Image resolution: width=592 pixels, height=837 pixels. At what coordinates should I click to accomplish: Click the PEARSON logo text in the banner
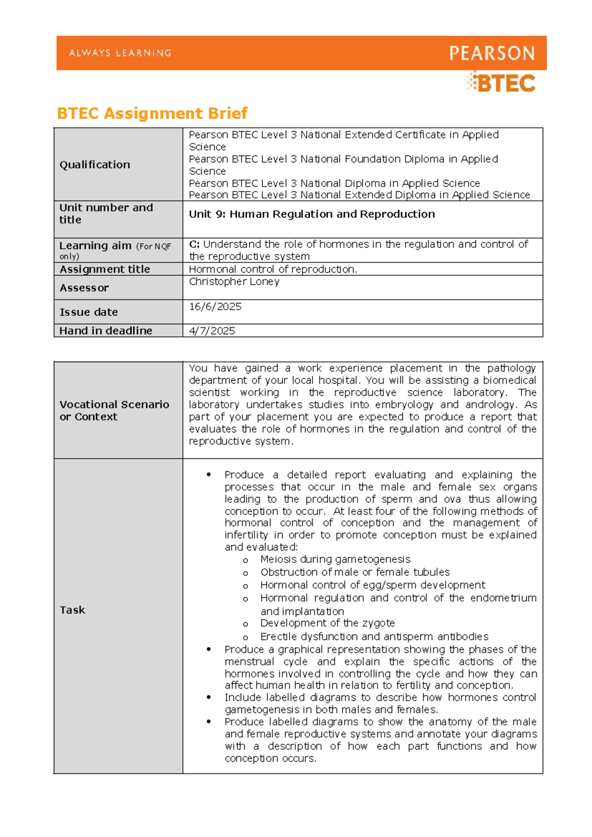[491, 53]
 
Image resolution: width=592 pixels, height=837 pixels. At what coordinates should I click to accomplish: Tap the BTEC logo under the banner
[500, 83]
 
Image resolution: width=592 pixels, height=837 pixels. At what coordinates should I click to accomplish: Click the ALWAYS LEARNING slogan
[120, 53]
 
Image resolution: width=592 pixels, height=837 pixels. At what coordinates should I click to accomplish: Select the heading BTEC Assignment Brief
[152, 114]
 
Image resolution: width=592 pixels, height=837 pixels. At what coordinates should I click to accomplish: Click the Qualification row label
[95, 165]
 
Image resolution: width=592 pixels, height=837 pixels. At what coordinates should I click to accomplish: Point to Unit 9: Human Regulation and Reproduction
[312, 214]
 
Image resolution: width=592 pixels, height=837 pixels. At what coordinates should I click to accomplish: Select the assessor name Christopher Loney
[234, 281]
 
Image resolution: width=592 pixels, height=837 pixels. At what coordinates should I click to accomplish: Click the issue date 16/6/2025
[215, 306]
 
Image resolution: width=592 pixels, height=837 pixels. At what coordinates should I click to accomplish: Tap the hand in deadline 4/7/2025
[212, 331]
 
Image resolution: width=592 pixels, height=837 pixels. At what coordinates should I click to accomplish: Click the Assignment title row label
[105, 269]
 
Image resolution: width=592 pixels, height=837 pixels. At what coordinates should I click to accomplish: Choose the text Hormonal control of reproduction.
[273, 269]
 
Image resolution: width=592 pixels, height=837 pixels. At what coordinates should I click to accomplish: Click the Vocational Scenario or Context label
[114, 411]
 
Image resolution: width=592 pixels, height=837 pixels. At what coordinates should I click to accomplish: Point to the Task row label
[72, 610]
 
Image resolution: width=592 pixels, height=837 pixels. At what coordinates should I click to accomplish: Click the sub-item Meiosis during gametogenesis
[335, 559]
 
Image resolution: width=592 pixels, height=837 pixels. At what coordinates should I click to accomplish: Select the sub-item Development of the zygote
[327, 623]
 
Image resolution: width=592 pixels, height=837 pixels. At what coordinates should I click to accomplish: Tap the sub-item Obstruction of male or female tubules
[355, 572]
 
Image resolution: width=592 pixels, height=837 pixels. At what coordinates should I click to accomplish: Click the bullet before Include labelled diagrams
[209, 697]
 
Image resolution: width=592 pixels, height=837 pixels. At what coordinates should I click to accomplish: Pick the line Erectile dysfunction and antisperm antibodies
[374, 637]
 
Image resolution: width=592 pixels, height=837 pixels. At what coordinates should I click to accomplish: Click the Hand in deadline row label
[106, 331]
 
